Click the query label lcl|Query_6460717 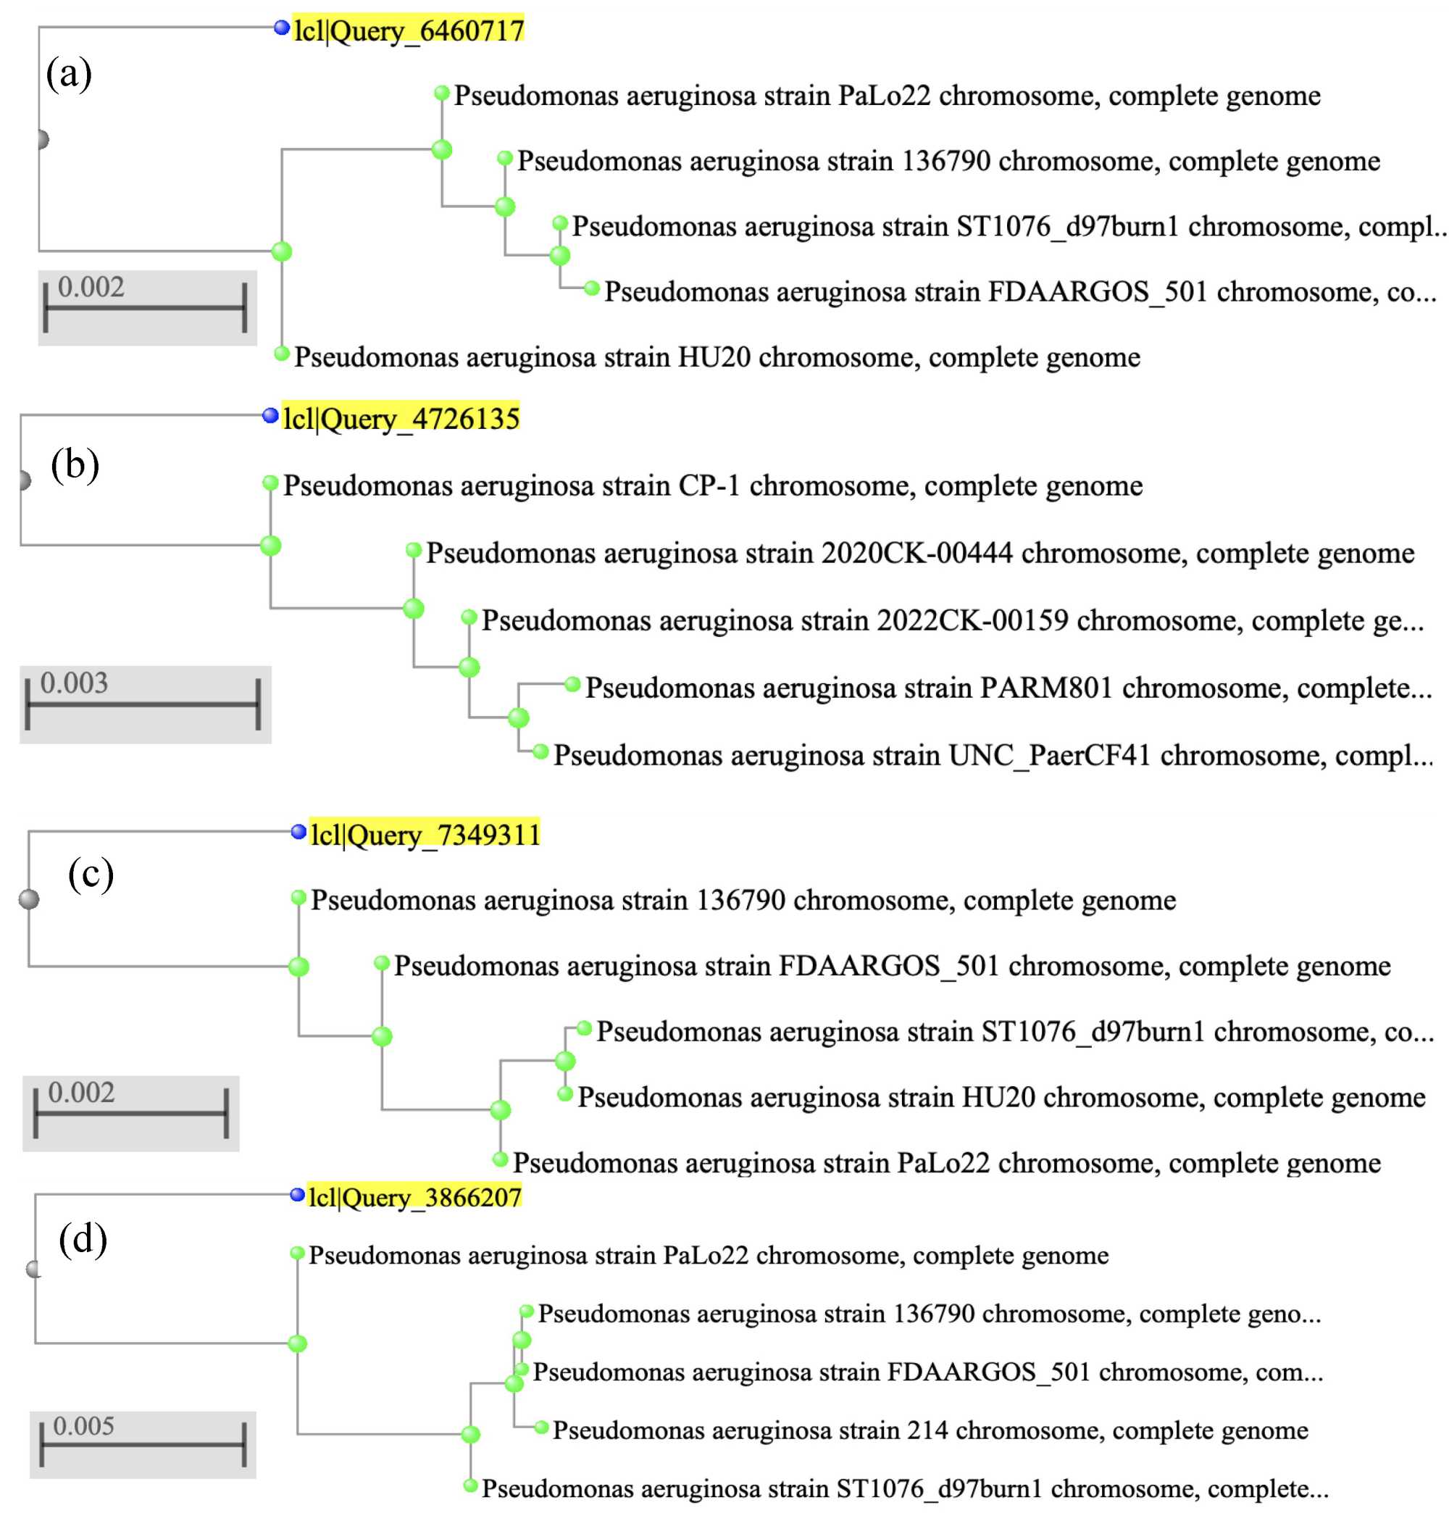click(x=409, y=30)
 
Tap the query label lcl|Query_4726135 click(x=401, y=418)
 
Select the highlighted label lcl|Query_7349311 click(x=425, y=835)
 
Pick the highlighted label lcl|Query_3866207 click(x=414, y=1197)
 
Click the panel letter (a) click(x=69, y=74)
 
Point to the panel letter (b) click(x=75, y=464)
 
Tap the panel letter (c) click(x=91, y=875)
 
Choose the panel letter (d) click(x=83, y=1240)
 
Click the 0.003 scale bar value click(x=74, y=683)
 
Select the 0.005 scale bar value click(x=83, y=1426)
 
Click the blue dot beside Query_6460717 click(x=282, y=28)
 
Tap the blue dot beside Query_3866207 click(x=297, y=1195)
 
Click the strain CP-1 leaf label click(x=712, y=485)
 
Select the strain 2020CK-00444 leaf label click(x=920, y=553)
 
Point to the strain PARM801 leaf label click(x=1009, y=688)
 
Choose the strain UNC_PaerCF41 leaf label click(x=993, y=755)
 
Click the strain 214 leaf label click(x=930, y=1430)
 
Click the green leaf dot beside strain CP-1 click(x=270, y=483)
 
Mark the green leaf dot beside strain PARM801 click(x=572, y=684)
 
